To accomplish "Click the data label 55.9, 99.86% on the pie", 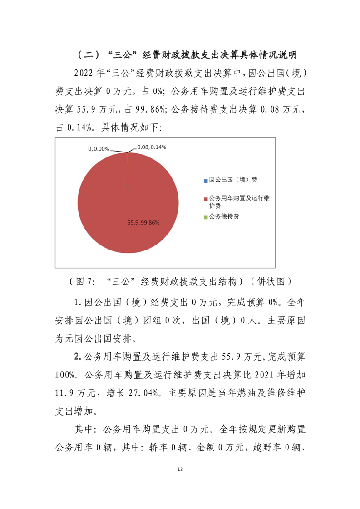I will pos(143,222).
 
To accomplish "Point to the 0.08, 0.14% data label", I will pos(152,147).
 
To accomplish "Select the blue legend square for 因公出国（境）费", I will pos(206,180).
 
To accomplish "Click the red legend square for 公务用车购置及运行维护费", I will pos(206,199).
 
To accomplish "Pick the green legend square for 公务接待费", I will pos(206,217).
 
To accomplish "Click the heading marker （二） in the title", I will pos(87,55).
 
